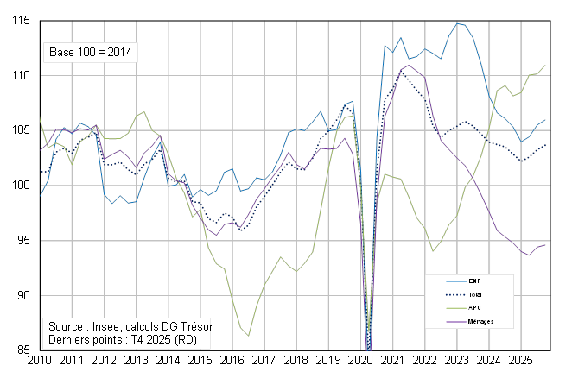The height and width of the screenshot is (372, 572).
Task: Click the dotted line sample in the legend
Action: (447, 294)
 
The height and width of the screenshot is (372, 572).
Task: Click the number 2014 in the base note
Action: (119, 53)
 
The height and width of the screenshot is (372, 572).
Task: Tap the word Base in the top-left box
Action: (62, 53)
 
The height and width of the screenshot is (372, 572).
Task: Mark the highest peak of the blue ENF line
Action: (458, 23)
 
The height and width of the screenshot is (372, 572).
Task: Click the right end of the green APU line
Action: (546, 66)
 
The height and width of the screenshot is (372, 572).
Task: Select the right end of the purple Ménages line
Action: (546, 244)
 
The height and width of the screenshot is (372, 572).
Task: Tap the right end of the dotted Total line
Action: (546, 144)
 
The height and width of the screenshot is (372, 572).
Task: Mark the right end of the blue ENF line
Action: (546, 120)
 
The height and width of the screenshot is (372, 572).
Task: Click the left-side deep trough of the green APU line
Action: (249, 336)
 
